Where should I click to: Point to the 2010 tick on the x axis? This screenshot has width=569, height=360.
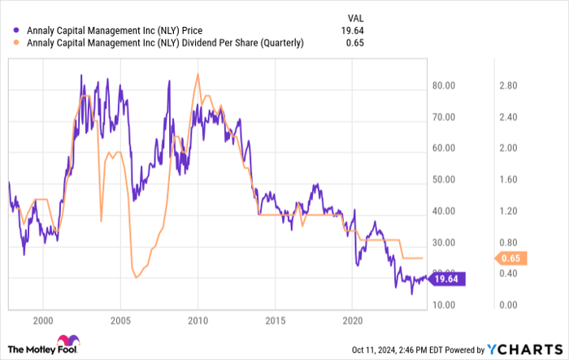pos(198,319)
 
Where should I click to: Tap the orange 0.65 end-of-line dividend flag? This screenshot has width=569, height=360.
pos(511,258)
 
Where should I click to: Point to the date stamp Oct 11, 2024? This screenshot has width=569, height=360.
pos(380,349)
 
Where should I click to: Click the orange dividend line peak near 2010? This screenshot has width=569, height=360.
pos(198,74)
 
